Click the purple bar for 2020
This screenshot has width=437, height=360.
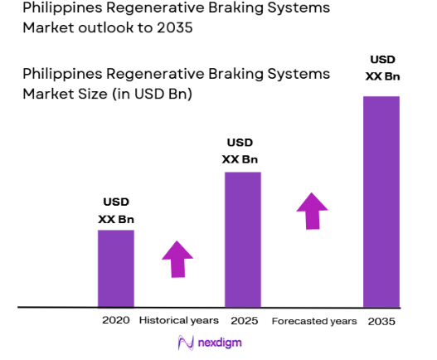tap(115, 268)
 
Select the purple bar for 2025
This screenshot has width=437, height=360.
tap(242, 239)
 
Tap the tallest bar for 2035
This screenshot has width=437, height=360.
tap(381, 202)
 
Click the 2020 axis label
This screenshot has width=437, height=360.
tap(116, 320)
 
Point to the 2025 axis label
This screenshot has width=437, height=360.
tap(242, 320)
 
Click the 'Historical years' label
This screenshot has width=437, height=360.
tap(178, 320)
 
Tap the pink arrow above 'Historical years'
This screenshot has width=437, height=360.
tap(177, 259)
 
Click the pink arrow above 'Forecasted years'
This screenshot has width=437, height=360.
tap(313, 211)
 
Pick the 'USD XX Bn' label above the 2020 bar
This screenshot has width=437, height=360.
tap(115, 210)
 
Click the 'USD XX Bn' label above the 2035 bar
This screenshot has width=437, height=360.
tap(382, 69)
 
